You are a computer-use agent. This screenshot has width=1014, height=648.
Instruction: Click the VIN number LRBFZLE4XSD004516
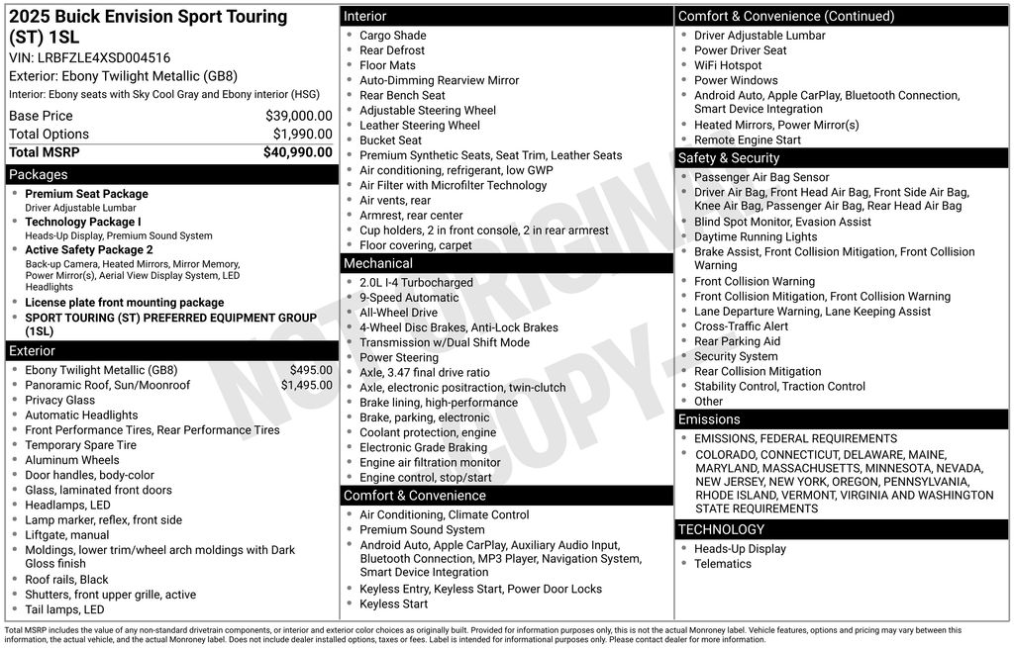pyautogui.click(x=104, y=57)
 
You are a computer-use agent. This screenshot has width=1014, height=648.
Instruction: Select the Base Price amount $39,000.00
pyautogui.click(x=298, y=116)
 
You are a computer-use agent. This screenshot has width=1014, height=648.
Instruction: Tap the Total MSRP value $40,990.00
pyautogui.click(x=297, y=152)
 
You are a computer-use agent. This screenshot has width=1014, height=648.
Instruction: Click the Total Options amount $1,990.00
pyautogui.click(x=302, y=134)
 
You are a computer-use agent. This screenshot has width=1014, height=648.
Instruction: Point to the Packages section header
pyautogui.click(x=39, y=175)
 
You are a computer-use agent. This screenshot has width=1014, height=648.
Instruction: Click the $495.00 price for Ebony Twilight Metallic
pyautogui.click(x=311, y=370)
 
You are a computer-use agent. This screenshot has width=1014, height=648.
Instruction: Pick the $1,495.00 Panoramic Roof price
pyautogui.click(x=306, y=385)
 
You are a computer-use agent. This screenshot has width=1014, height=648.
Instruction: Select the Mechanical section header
pyautogui.click(x=378, y=263)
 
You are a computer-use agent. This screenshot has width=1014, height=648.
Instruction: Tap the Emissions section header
pyautogui.click(x=709, y=419)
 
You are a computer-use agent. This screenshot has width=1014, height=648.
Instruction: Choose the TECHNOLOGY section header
pyautogui.click(x=721, y=529)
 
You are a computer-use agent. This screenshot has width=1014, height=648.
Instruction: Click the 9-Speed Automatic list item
pyautogui.click(x=409, y=298)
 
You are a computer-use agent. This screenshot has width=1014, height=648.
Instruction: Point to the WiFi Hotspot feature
pyautogui.click(x=728, y=65)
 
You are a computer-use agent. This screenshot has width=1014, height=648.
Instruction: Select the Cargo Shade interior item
pyautogui.click(x=393, y=36)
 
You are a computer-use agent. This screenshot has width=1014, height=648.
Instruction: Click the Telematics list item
pyautogui.click(x=723, y=564)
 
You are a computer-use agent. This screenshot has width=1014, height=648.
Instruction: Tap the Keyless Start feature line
pyautogui.click(x=394, y=604)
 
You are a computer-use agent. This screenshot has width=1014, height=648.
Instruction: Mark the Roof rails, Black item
pyautogui.click(x=67, y=580)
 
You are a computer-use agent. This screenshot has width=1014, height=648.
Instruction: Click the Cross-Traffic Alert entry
pyautogui.click(x=742, y=326)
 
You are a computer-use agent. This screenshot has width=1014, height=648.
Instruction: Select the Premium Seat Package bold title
pyautogui.click(x=86, y=194)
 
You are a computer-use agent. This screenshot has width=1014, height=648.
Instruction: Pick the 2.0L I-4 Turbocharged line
pyautogui.click(x=416, y=283)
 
